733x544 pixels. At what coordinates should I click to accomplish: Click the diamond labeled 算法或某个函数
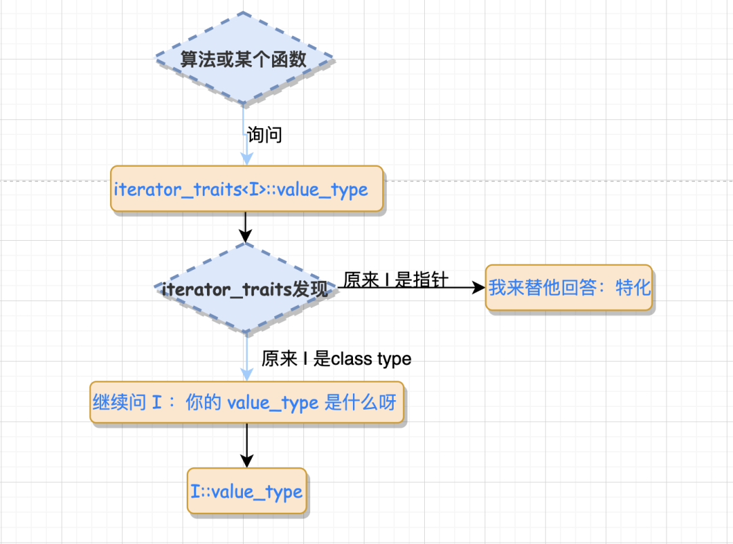[244, 59]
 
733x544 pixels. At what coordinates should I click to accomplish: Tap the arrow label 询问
[264, 135]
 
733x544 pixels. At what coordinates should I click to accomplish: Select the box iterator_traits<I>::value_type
[247, 189]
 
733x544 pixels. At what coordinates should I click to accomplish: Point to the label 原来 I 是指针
[396, 279]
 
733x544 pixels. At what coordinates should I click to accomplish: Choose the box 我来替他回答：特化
[569, 288]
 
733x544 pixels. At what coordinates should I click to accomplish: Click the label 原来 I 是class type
[336, 358]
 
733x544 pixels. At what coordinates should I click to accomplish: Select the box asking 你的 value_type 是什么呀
[247, 403]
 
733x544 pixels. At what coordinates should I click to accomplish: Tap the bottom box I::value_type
[247, 491]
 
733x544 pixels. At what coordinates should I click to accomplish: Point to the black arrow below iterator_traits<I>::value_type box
[246, 227]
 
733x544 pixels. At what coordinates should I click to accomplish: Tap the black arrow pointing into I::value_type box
[247, 446]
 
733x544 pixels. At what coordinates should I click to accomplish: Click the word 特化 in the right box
[633, 288]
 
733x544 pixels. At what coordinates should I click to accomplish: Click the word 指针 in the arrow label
[430, 279]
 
